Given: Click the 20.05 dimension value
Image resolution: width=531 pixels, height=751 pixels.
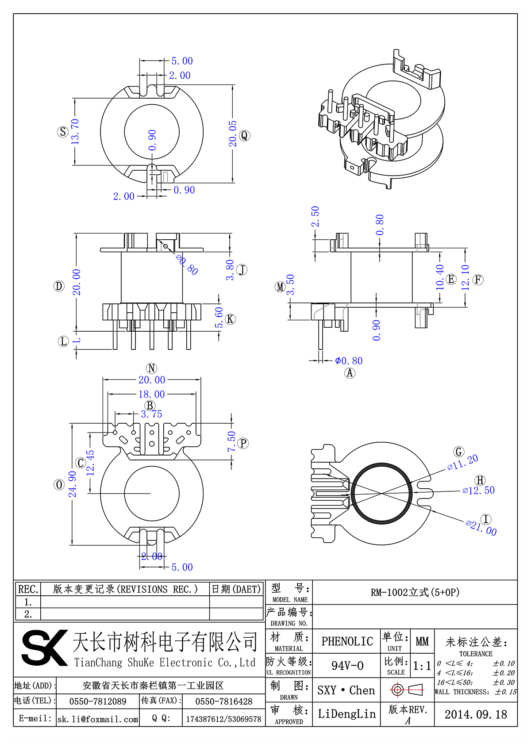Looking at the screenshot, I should pyautogui.click(x=233, y=134).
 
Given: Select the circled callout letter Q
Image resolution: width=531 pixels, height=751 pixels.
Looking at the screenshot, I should pyautogui.click(x=245, y=135).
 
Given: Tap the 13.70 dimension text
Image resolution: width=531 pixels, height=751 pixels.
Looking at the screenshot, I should pyautogui.click(x=75, y=131).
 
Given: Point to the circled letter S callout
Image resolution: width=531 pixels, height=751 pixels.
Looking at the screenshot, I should pyautogui.click(x=63, y=132).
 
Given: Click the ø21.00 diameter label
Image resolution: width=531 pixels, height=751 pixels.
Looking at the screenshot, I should pyautogui.click(x=481, y=528).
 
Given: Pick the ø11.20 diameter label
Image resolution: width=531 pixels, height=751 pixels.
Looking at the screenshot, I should pyautogui.click(x=462, y=463).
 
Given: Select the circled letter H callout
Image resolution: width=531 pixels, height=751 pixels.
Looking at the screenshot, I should pyautogui.click(x=480, y=480).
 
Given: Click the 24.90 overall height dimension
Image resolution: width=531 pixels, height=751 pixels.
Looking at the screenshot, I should pyautogui.click(x=73, y=484).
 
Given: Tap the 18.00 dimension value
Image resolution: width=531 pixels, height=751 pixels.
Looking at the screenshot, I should pyautogui.click(x=151, y=395).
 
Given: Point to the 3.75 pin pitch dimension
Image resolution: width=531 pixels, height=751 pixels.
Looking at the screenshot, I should pyautogui.click(x=151, y=414).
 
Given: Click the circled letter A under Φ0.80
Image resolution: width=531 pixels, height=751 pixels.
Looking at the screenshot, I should pyautogui.click(x=350, y=373).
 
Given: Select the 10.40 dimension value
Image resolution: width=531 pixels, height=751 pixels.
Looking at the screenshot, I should pyautogui.click(x=440, y=277).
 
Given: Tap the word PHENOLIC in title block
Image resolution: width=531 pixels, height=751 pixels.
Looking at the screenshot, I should pyautogui.click(x=347, y=641).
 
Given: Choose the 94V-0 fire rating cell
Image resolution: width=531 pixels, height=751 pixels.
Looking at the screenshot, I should pyautogui.click(x=347, y=666).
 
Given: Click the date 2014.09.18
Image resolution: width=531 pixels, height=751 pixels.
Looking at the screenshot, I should pyautogui.click(x=476, y=714).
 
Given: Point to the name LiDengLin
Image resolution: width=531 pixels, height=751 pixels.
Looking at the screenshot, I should pyautogui.click(x=347, y=714).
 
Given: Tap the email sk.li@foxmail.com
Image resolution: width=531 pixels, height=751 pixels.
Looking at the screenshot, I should pyautogui.click(x=98, y=719).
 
